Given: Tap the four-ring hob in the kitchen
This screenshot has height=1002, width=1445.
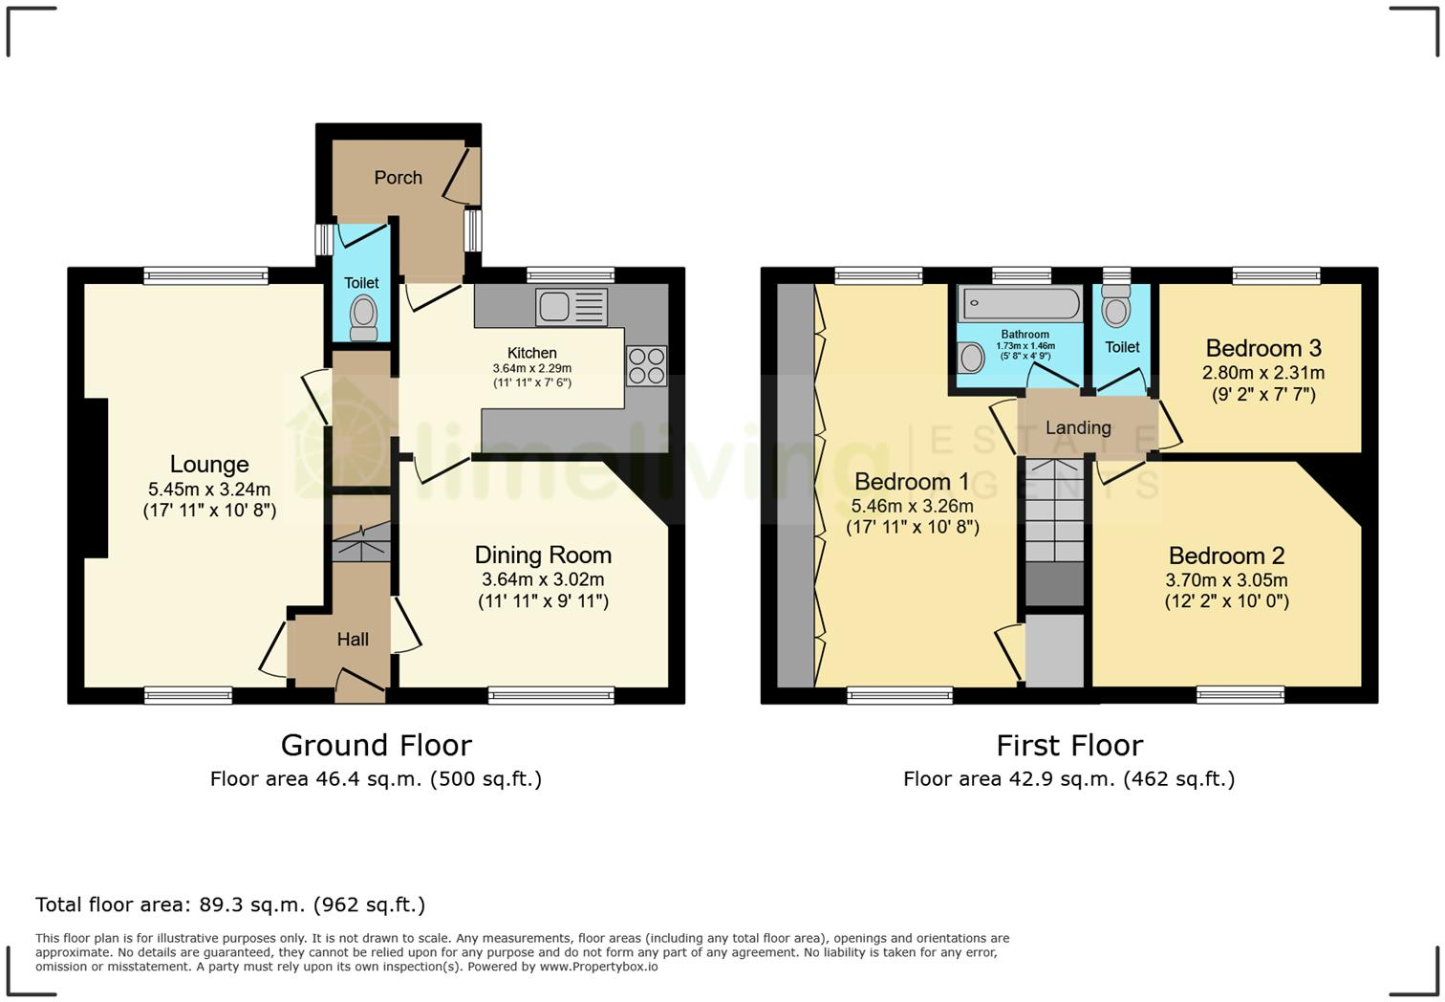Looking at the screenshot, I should [646, 366].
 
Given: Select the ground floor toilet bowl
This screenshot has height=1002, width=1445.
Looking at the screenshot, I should [362, 316].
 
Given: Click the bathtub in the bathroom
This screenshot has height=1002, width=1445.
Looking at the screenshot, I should [1021, 304].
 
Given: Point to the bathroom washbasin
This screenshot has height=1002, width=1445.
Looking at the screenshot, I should [971, 359].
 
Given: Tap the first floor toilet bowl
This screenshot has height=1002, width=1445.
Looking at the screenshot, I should [1115, 309].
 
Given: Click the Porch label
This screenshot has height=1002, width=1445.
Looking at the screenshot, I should [398, 178].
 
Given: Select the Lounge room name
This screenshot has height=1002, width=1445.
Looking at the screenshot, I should [209, 465].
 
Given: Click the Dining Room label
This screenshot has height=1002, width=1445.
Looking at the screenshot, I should [543, 555].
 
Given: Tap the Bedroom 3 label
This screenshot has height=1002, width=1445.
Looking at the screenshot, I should [1263, 348].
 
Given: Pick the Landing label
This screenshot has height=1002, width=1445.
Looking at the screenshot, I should [1078, 428].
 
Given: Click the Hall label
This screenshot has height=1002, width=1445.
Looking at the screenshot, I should [353, 640].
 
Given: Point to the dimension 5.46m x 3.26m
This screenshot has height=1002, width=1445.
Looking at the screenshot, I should [912, 507].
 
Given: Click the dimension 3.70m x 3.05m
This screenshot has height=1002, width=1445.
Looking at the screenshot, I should [1226, 580].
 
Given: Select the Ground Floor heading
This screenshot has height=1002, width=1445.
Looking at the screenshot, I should [376, 745].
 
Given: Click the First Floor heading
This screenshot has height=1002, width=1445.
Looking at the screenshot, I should [1068, 745].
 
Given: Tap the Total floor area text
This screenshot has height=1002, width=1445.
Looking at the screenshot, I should [230, 904].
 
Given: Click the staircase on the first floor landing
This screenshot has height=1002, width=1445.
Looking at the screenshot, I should [1055, 512].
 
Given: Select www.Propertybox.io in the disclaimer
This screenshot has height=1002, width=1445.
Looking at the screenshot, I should [598, 967].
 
